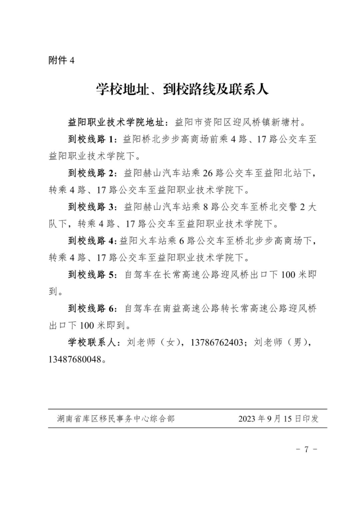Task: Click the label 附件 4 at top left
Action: tap(61, 60)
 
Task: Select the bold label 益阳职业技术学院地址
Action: tap(117, 122)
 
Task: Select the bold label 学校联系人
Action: tap(92, 343)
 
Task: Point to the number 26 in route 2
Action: tap(208, 173)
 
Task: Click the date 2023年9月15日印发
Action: tap(278, 419)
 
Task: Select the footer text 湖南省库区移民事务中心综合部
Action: tap(116, 419)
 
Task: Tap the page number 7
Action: tap(306, 450)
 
